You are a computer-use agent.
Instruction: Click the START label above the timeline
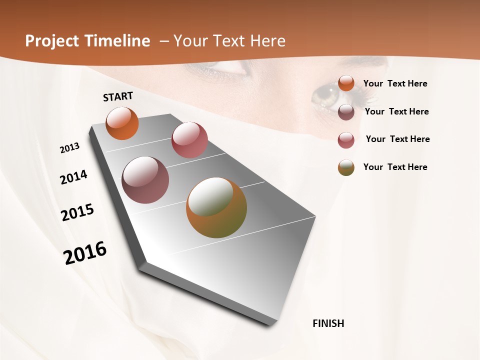(118, 96)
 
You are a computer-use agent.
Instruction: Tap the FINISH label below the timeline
(328, 323)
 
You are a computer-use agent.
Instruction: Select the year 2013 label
(70, 148)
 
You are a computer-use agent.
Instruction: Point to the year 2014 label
(74, 177)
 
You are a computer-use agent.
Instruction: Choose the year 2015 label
(77, 212)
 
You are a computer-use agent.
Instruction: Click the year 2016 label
(85, 253)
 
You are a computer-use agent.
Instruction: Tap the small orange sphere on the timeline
(122, 123)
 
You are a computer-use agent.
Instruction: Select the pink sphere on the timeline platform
(189, 140)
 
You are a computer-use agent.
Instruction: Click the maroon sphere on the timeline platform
(145, 180)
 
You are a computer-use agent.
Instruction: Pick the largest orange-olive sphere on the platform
(216, 207)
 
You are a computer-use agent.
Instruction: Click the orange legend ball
(346, 83)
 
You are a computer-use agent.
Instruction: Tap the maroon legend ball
(346, 112)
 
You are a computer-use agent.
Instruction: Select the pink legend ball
(346, 140)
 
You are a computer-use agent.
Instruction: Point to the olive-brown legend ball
(346, 168)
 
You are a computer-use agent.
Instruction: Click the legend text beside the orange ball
(395, 84)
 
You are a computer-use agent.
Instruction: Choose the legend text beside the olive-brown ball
(395, 167)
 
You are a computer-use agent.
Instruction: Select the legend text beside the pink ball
(397, 139)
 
